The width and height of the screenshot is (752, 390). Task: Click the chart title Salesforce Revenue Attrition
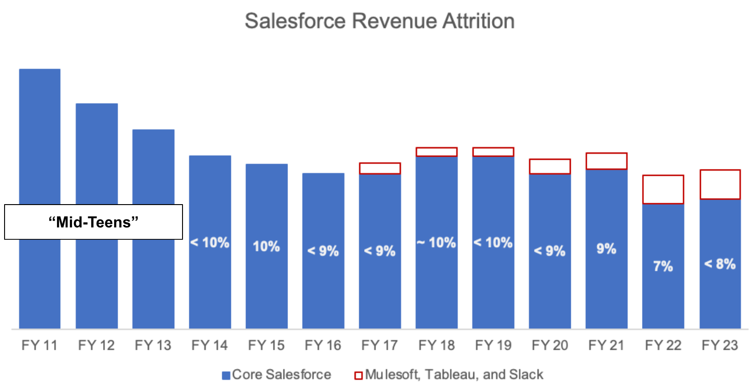380,21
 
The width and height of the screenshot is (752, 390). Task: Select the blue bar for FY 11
40,137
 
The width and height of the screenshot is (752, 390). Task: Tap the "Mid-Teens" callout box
94,222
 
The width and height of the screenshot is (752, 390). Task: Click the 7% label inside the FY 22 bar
663,266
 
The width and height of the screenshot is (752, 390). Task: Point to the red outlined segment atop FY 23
720,184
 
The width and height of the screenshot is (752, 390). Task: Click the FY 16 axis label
323,345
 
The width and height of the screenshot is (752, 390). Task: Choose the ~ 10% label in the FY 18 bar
437,242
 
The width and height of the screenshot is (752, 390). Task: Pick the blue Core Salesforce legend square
225,375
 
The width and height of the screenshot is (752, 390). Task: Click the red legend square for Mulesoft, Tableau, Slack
358,375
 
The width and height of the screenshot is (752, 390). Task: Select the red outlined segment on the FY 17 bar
380,168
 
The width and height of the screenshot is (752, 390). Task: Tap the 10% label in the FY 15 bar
266,247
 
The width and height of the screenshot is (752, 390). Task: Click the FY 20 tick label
550,345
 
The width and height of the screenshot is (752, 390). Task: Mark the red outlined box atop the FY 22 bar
663,189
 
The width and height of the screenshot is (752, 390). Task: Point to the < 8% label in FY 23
720,264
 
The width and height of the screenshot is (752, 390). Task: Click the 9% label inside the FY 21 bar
606,249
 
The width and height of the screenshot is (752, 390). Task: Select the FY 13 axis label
153,345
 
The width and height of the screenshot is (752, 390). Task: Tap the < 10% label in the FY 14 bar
210,242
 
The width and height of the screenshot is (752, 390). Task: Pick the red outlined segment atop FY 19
493,152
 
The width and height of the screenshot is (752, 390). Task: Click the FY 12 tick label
96,345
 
